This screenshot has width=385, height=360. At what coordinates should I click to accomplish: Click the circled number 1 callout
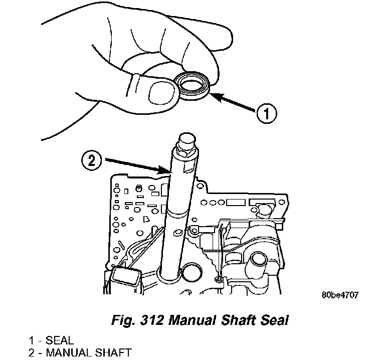[267, 114]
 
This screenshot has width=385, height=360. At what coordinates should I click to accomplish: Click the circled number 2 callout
[91, 161]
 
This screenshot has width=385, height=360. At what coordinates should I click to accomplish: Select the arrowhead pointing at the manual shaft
[164, 170]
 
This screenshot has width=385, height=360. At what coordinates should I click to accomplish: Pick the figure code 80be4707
[340, 295]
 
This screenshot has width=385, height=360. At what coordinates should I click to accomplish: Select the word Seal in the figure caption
[275, 320]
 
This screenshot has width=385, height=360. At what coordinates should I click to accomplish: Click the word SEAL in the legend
[60, 340]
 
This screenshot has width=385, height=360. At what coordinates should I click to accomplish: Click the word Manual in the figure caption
[192, 320]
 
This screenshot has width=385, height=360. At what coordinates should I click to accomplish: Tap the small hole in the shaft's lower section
[176, 232]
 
